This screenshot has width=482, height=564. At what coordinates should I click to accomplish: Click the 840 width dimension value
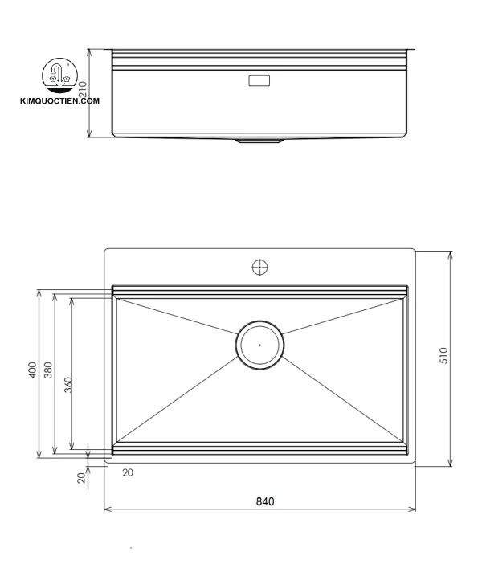click(x=265, y=501)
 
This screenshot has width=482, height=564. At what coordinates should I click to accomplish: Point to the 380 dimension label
click(x=48, y=371)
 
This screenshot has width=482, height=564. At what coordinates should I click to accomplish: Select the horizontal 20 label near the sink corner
click(x=129, y=472)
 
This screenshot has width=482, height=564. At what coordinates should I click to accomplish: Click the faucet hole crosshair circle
click(x=259, y=268)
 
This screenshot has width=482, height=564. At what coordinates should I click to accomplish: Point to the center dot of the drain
click(x=259, y=345)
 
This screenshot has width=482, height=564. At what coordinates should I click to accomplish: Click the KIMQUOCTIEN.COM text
click(x=60, y=101)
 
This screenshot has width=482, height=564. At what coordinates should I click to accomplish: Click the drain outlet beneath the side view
click(x=259, y=141)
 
